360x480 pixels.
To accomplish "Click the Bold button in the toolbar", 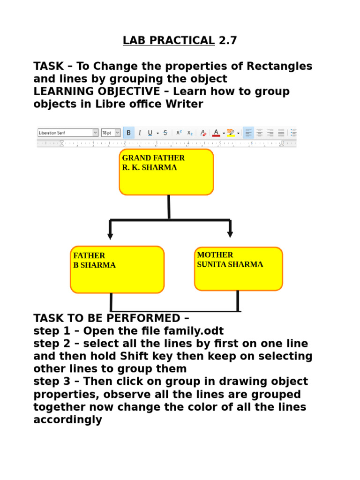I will click(x=129, y=133).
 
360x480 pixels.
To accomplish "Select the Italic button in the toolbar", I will click(x=139, y=133).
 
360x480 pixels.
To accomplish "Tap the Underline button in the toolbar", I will click(x=150, y=133).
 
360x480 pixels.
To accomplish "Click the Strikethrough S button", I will click(x=165, y=133).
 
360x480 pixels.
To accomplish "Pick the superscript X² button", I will click(x=179, y=133).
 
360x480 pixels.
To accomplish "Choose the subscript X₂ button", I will click(x=190, y=133).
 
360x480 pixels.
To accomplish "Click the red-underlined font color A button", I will click(x=216, y=133).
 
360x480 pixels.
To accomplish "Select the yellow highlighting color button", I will click(x=231, y=133).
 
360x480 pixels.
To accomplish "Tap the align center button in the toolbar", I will click(x=259, y=133).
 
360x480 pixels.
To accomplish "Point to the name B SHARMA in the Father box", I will click(x=94, y=265).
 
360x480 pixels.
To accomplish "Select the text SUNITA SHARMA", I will click(x=230, y=265).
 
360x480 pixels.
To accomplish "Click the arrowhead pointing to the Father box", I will click(x=110, y=236).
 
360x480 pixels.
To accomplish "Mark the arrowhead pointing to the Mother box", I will click(x=230, y=234).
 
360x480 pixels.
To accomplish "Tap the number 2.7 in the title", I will click(x=228, y=41).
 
